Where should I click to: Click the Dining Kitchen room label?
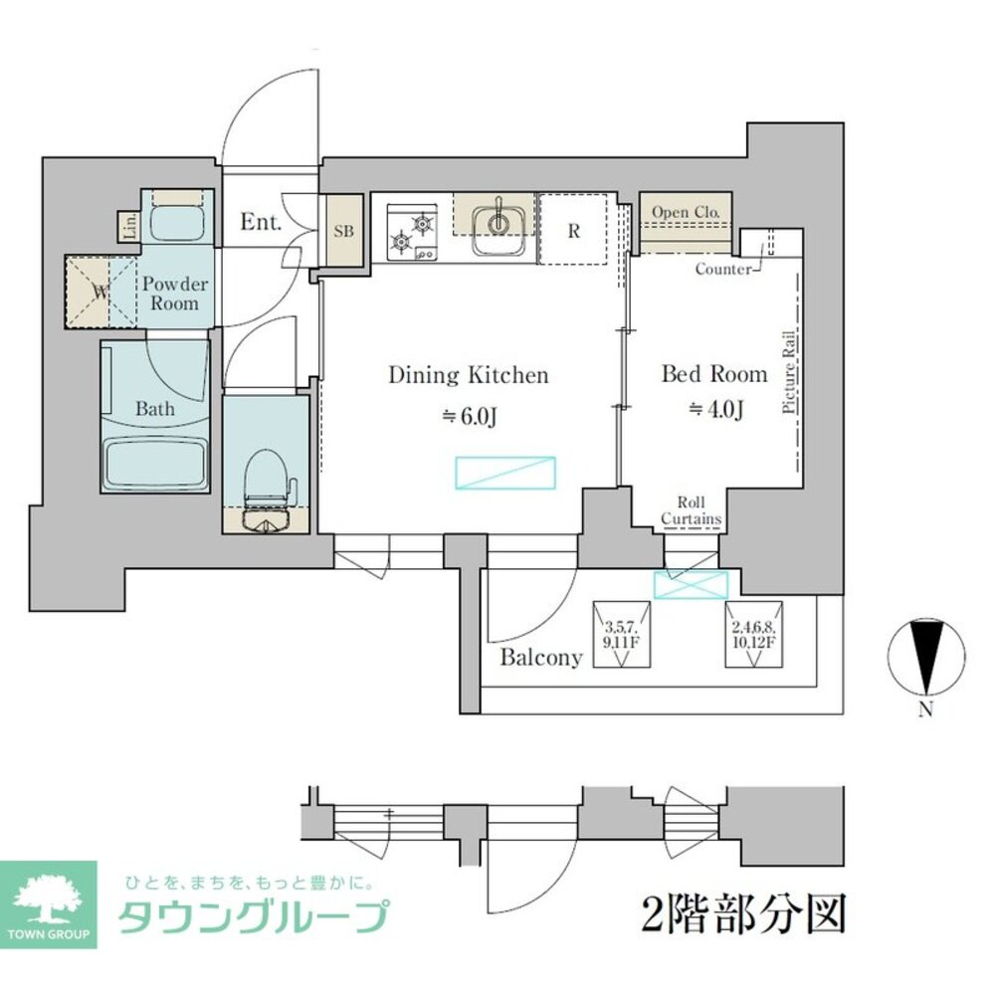coord(468,376)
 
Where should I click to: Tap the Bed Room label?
coord(714,374)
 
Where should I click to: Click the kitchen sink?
coord(494,228)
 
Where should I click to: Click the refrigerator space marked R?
coord(573,230)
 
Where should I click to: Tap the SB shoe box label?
coord(343,231)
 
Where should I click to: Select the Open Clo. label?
coord(686,211)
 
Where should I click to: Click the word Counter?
coord(723,269)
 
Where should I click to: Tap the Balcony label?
coord(540,658)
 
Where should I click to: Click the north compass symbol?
coord(925,657)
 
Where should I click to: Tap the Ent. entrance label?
coord(262,222)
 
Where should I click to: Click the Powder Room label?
coord(175,294)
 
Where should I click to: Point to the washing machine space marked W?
coord(99,292)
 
